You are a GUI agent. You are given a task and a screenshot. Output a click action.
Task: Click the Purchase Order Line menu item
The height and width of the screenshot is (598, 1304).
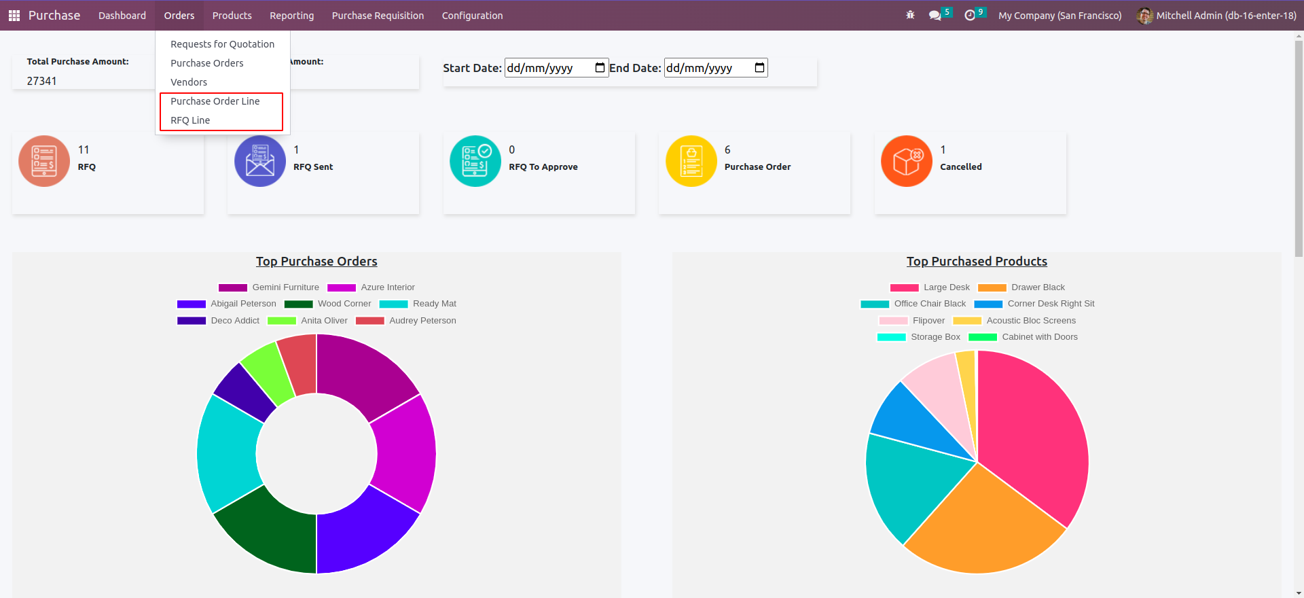[215, 101]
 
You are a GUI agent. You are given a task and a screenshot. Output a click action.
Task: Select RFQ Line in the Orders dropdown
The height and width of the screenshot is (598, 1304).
[190, 120]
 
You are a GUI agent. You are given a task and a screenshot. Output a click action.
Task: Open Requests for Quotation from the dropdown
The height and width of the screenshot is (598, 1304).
[222, 44]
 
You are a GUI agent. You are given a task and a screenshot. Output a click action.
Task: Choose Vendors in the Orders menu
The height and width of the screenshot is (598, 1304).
[189, 82]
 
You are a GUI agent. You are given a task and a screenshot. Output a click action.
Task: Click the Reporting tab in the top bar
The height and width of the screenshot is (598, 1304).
[291, 16]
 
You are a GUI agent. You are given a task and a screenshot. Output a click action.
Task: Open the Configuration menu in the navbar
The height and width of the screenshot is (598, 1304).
[472, 16]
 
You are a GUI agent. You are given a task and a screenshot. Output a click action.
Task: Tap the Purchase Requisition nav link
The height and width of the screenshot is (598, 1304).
[378, 16]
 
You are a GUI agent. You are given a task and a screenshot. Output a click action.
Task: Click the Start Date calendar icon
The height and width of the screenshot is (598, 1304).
[600, 67]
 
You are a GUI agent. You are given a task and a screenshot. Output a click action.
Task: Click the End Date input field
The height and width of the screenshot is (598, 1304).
[706, 68]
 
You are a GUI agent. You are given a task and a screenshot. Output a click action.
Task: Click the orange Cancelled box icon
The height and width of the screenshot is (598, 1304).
[906, 161]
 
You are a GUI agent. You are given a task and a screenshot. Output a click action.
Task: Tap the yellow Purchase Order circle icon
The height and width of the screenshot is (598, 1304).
[691, 161]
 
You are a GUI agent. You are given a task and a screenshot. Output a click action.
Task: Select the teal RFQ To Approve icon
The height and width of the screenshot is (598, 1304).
[475, 161]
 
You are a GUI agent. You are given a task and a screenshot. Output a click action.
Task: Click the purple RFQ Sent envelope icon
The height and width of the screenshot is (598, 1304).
[260, 161]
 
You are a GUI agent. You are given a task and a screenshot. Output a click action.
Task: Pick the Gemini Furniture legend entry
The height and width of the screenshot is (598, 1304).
[269, 287]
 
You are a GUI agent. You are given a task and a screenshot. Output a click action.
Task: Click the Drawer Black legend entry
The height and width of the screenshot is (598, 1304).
[1021, 287]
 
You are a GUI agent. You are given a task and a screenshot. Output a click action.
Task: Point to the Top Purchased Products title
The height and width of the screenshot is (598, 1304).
[977, 262]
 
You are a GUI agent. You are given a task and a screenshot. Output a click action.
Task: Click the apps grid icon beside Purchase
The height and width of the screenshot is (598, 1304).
[14, 16]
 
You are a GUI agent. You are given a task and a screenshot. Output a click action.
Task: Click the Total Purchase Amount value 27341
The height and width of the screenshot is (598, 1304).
[42, 81]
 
